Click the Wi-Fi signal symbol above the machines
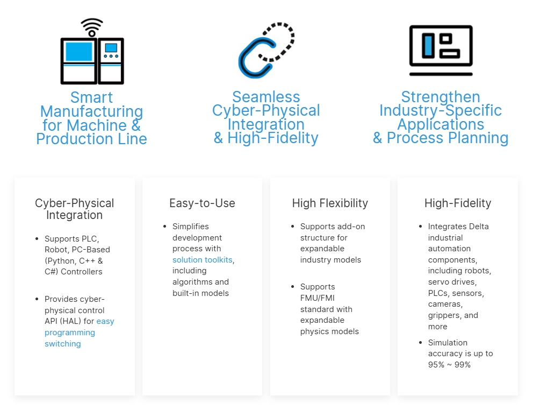(x=92, y=27)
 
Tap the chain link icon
(x=266, y=50)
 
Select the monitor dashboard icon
(x=441, y=50)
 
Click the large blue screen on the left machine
(x=79, y=52)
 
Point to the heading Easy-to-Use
(x=202, y=203)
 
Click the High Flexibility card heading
(x=330, y=203)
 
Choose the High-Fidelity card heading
(x=458, y=203)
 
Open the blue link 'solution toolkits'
(x=202, y=260)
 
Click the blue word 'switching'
(x=62, y=344)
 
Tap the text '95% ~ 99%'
(x=449, y=365)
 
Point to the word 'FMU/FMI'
(x=318, y=298)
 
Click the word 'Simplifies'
(x=190, y=227)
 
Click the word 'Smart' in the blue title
(x=91, y=97)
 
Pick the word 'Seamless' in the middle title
(x=266, y=97)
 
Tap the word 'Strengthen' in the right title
(x=441, y=97)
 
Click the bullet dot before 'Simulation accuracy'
(x=421, y=342)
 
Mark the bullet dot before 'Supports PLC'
(x=37, y=239)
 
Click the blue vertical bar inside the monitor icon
(x=428, y=46)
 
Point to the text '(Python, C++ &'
(x=74, y=261)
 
